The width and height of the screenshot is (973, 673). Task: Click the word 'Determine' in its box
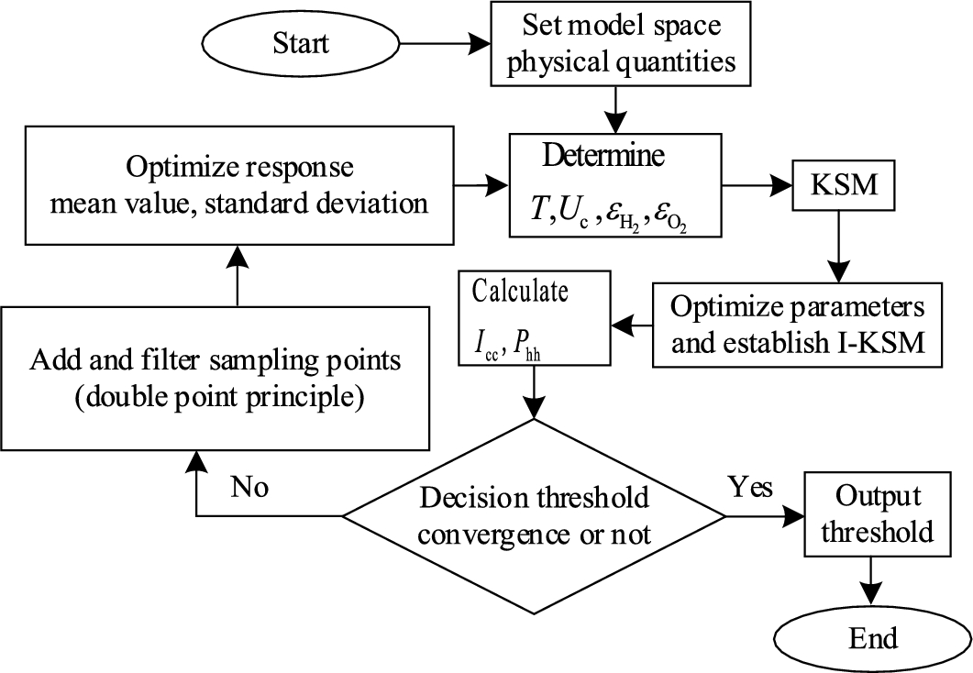click(603, 155)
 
